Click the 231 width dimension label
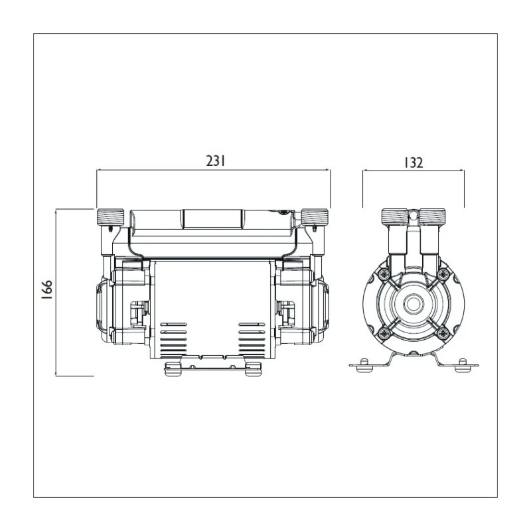(216, 161)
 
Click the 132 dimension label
(414, 163)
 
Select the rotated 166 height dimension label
(46, 289)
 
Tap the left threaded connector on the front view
(110, 217)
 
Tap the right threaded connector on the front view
(315, 217)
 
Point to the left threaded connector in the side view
(394, 216)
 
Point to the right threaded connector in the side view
(433, 216)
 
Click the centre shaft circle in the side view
(413, 304)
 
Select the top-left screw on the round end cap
(384, 274)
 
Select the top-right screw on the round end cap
(443, 274)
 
